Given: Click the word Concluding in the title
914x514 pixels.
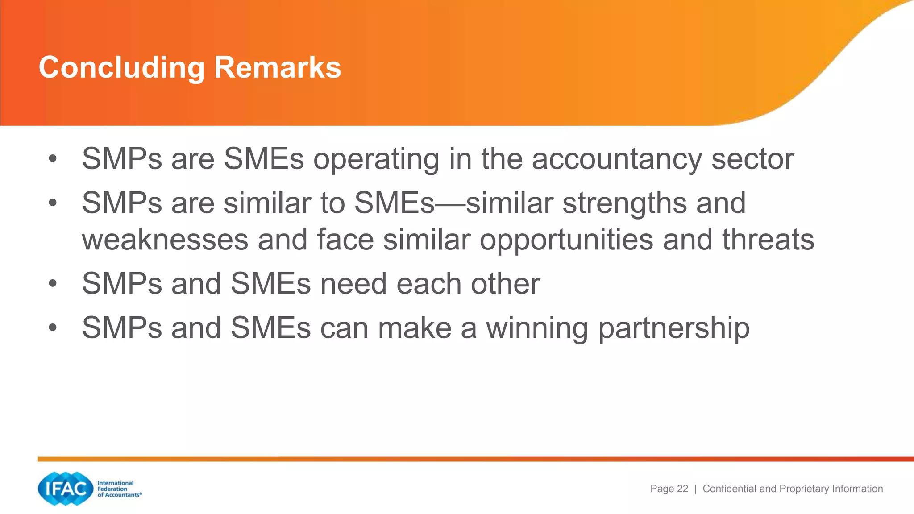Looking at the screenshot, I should [x=121, y=68].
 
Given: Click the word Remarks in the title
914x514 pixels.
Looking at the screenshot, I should [x=278, y=68].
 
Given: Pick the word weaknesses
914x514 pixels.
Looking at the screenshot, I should [x=165, y=240].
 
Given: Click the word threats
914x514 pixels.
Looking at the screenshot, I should [x=768, y=240].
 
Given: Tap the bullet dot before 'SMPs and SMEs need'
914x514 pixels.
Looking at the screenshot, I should [x=53, y=284].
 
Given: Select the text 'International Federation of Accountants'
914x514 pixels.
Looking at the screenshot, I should [x=119, y=489].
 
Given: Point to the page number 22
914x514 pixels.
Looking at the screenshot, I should [x=682, y=489].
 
